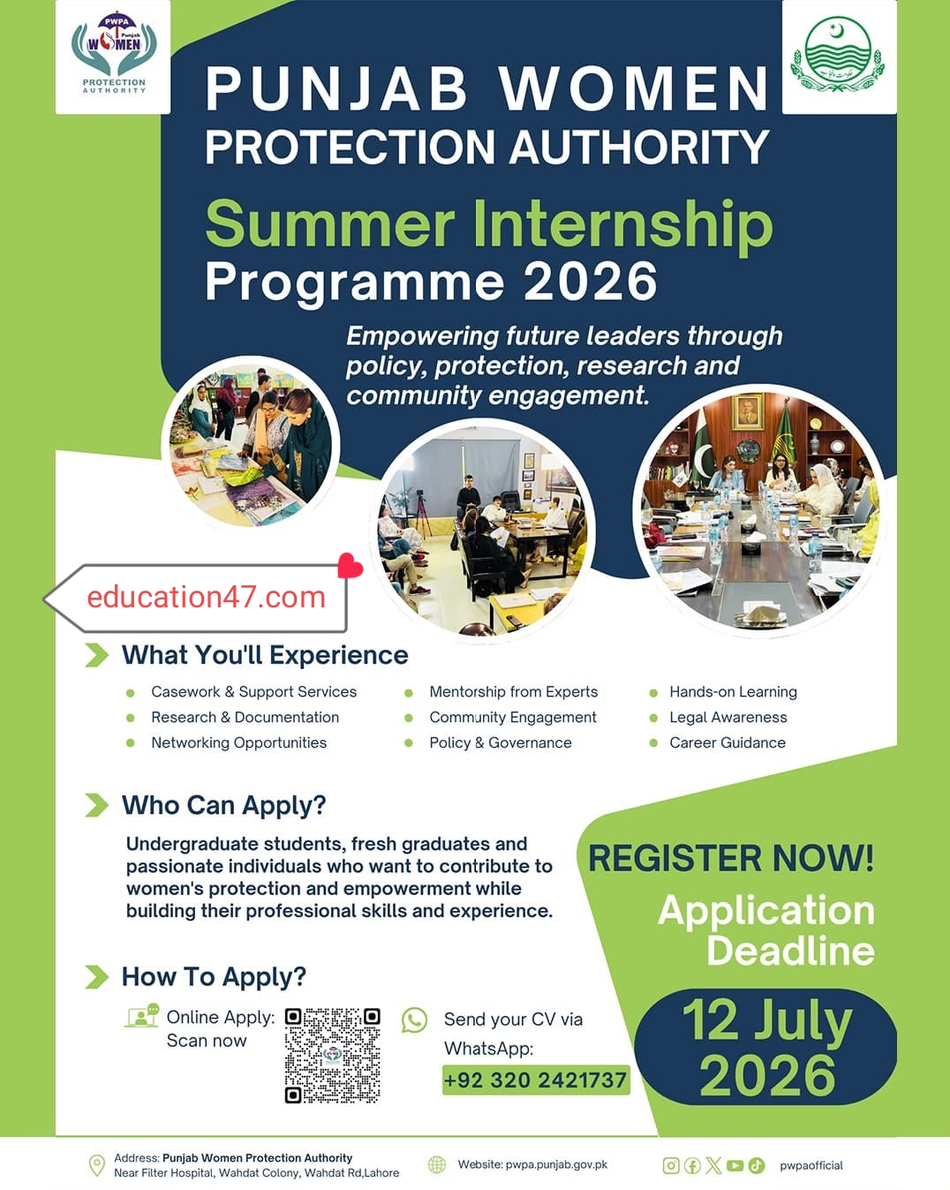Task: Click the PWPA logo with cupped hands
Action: click(114, 53)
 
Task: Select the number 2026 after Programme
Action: click(590, 282)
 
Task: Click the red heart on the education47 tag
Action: click(350, 566)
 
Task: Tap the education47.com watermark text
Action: click(207, 598)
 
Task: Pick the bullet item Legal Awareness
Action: click(728, 717)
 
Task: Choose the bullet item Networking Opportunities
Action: click(239, 742)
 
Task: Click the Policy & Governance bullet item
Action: click(501, 742)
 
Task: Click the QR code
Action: click(332, 1056)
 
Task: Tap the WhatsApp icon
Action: click(414, 1021)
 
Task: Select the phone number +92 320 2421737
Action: click(535, 1080)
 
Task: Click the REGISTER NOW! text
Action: click(731, 859)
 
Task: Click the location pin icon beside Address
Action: click(97, 1164)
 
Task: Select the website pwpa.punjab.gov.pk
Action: click(556, 1164)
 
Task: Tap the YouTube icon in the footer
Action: click(735, 1165)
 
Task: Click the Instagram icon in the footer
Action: click(671, 1165)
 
